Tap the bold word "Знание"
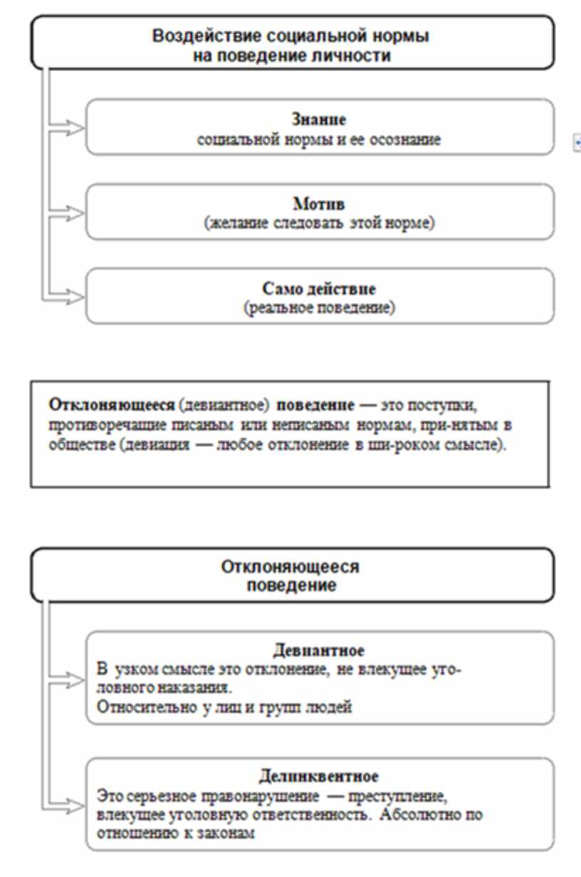point(320,120)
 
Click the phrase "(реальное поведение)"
point(319,309)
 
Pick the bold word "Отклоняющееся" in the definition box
point(92,405)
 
